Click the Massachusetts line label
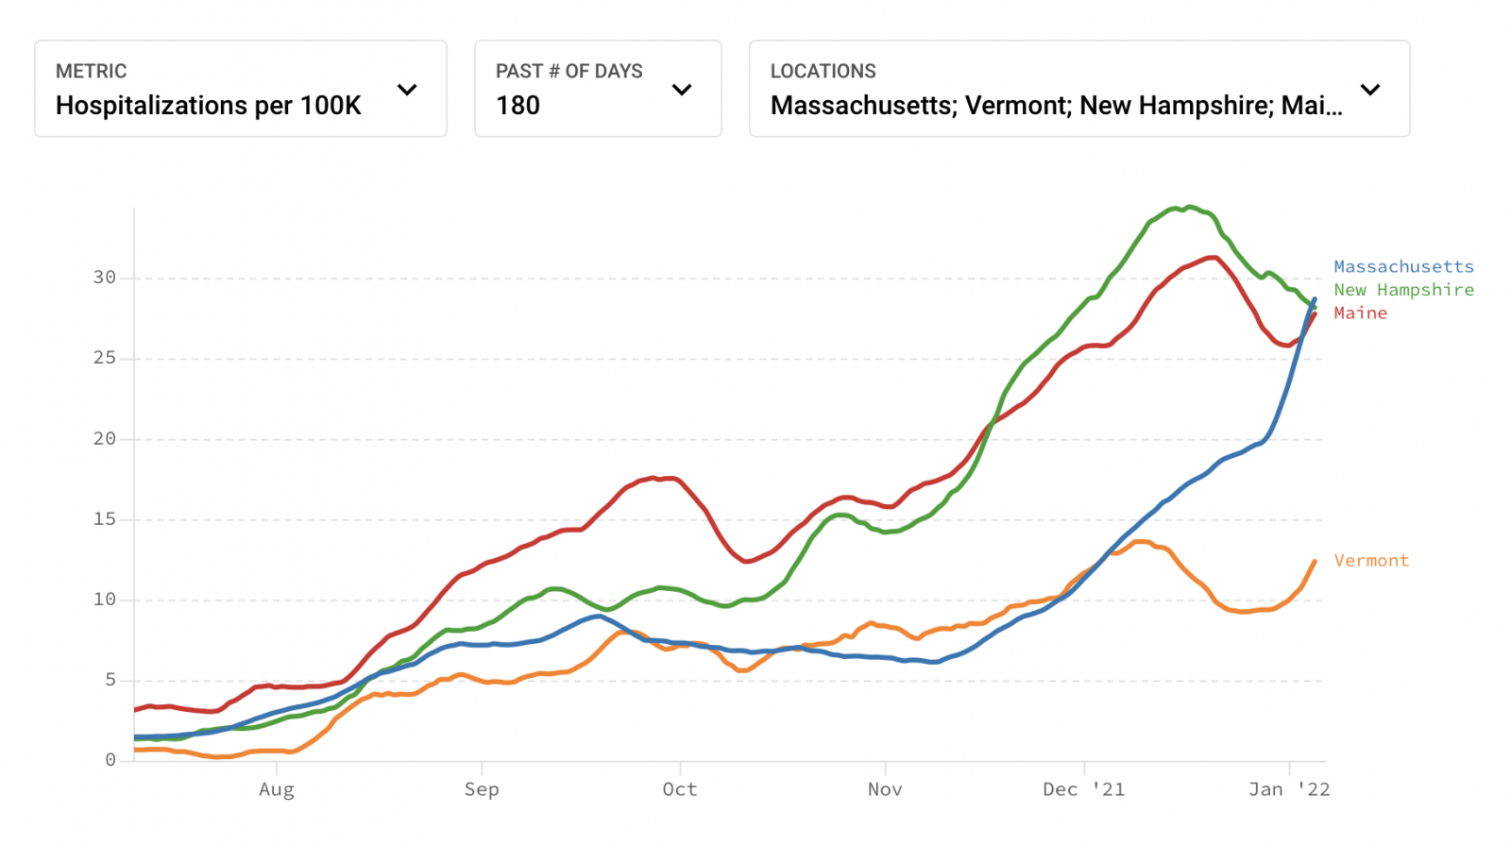click(1403, 267)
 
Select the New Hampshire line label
click(1403, 290)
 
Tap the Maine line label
click(1360, 313)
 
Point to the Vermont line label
click(1371, 561)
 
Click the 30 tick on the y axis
click(104, 278)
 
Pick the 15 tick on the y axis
click(104, 519)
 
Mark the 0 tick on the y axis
click(110, 760)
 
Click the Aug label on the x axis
click(277, 789)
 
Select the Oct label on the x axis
click(680, 789)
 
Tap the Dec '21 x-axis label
click(1083, 789)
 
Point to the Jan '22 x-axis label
click(1289, 789)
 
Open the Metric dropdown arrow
click(407, 90)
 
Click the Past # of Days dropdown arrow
click(682, 90)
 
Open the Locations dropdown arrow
click(1370, 90)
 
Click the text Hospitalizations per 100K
click(209, 106)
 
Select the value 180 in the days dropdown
click(518, 106)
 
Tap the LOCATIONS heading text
click(823, 72)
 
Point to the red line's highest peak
click(1212, 257)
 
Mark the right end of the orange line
click(1315, 562)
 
